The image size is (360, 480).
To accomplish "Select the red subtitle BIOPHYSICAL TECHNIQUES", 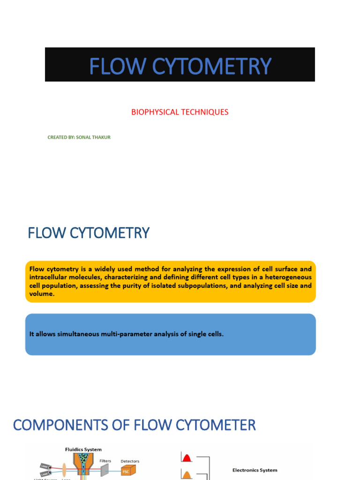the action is pyautogui.click(x=180, y=112).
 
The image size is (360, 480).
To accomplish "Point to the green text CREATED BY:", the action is pyautogui.click(x=60, y=137).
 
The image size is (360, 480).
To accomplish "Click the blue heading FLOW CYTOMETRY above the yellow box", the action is pyautogui.click(x=89, y=232).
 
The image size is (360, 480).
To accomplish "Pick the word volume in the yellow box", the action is pyautogui.click(x=41, y=294).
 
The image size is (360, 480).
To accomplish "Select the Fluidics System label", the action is pyautogui.click(x=83, y=450).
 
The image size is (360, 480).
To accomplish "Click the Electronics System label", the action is pyautogui.click(x=255, y=470).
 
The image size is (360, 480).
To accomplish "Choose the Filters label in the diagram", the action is pyautogui.click(x=105, y=461).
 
